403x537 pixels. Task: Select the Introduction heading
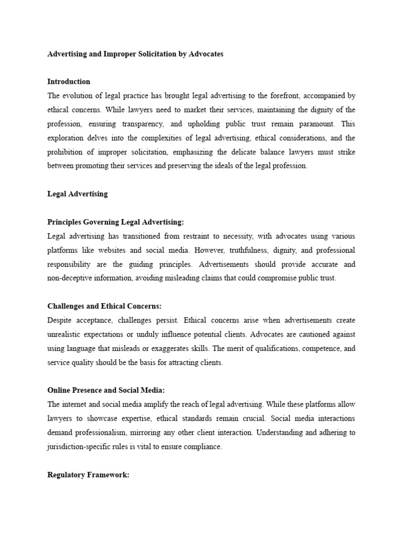click(69, 82)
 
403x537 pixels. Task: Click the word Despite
click(58, 320)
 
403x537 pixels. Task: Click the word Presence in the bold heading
click(86, 391)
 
